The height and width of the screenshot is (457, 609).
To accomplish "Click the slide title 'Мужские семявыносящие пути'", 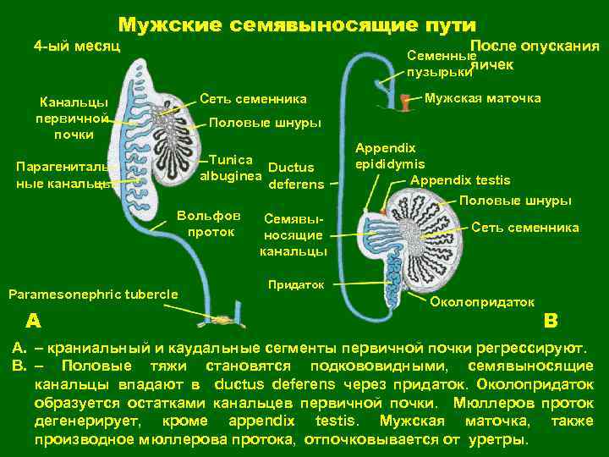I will tap(297, 25).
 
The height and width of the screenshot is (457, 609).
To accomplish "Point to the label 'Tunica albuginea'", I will tap(231, 168).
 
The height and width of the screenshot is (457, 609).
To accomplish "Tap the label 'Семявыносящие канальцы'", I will tap(294, 234).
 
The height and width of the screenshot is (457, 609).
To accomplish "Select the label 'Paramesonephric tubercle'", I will tap(93, 295).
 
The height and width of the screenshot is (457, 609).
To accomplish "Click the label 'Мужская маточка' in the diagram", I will tap(482, 99).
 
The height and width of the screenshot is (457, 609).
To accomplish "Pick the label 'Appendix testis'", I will tap(460, 179).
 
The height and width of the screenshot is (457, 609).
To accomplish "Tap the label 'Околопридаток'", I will tap(483, 301).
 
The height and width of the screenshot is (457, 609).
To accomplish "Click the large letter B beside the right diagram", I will tap(551, 320).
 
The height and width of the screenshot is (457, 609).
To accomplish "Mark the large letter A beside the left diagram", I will tap(32, 320).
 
